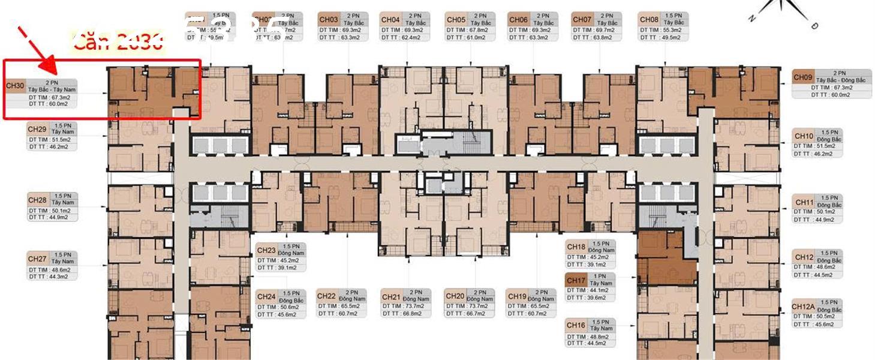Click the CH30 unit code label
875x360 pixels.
pos(15,86)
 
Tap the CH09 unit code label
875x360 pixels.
pos(802,77)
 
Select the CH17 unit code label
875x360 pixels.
pos(576,280)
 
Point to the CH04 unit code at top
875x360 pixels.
pos(390,20)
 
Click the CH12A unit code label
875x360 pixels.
pos(803,307)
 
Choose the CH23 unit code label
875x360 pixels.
pos(266,250)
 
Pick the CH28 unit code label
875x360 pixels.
pos(37,200)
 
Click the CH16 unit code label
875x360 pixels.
pos(576,325)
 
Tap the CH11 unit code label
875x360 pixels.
pos(804,203)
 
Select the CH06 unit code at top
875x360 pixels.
pos(518,20)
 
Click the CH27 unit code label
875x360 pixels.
pos(37,259)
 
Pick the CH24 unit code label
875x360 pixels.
pos(266,296)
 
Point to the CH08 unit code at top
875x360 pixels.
pos(649,20)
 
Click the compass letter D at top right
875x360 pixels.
pos(814,26)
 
